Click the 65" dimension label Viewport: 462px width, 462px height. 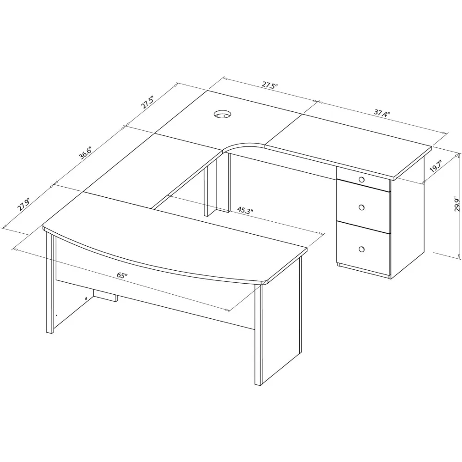[122, 275]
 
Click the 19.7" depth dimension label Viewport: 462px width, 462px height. [435, 166]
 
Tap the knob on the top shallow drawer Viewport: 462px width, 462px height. [361, 179]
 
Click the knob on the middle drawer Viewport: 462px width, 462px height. [361, 207]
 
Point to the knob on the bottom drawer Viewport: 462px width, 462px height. [361, 249]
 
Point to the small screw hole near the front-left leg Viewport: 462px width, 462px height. [87, 298]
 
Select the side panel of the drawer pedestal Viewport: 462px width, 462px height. [407, 222]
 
